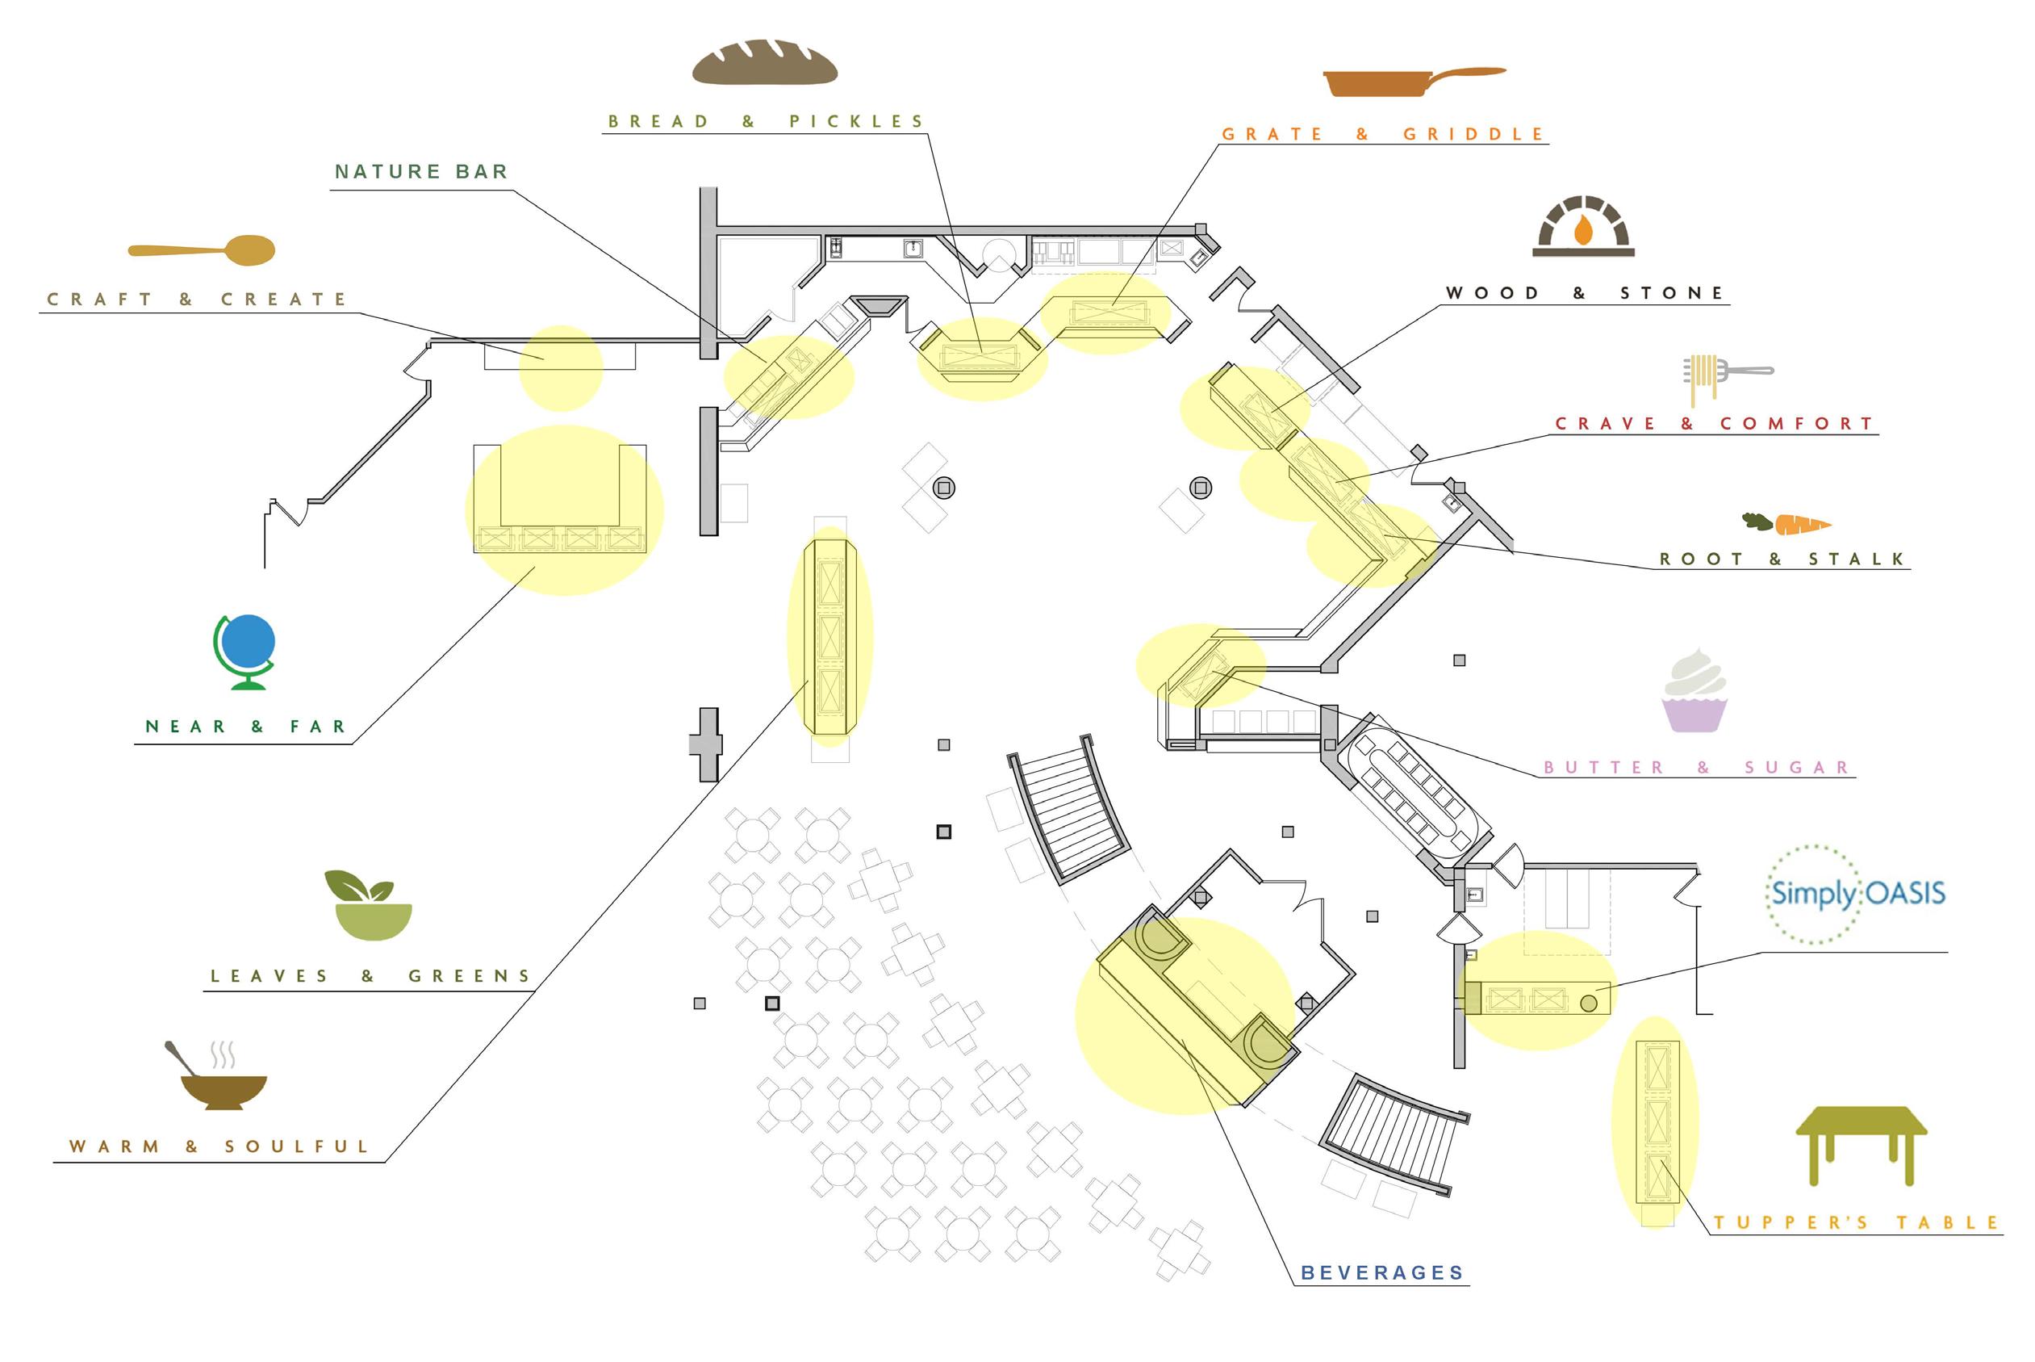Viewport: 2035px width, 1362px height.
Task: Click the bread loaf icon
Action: point(764,62)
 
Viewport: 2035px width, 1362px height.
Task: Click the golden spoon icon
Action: point(203,250)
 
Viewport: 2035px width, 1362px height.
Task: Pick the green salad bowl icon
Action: point(368,906)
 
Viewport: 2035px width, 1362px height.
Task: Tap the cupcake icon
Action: point(1694,691)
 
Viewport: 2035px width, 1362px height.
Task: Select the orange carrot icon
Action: point(1787,524)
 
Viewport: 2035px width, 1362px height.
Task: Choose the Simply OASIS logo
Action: point(1857,894)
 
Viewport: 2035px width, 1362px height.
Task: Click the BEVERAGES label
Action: point(1382,1272)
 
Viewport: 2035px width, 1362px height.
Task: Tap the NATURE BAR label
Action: point(422,172)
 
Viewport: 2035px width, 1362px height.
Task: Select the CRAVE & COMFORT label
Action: point(1715,424)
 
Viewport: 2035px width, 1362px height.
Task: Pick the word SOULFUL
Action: point(297,1146)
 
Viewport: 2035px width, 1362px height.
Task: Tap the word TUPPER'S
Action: point(1791,1223)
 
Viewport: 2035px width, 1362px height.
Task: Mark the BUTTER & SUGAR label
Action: point(1696,768)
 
